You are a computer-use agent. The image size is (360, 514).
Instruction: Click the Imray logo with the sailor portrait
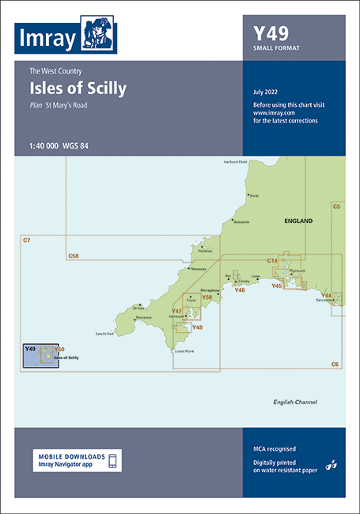coord(66,33)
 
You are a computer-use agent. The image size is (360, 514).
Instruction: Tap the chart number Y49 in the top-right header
coord(271,33)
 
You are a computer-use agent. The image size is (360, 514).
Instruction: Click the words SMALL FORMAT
coord(276,49)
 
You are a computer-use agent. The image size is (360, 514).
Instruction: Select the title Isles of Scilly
coord(78,89)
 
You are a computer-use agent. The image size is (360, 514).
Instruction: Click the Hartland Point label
coord(236,162)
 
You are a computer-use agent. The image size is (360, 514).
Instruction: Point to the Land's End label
coord(104,334)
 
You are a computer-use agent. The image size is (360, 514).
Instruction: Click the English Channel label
coord(294,402)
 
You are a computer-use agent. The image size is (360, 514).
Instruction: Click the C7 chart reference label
coord(26,240)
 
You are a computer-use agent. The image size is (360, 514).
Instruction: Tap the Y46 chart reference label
coord(240,290)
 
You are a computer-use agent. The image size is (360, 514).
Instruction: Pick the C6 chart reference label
coord(335,364)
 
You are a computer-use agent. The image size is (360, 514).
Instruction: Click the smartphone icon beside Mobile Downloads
coord(112,461)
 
